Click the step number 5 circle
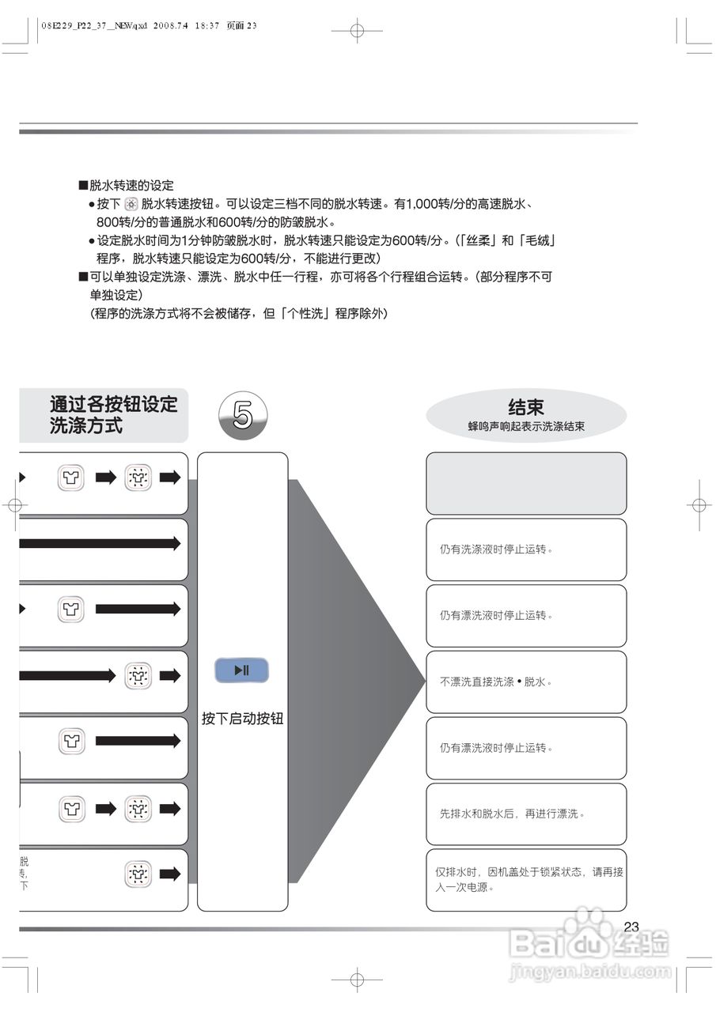pyautogui.click(x=243, y=416)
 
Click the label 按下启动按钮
pyautogui.click(x=242, y=719)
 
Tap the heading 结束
pyautogui.click(x=526, y=407)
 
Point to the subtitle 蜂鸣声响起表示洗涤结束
pyautogui.click(x=526, y=426)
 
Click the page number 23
pyautogui.click(x=631, y=927)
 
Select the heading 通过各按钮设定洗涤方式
pyautogui.click(x=114, y=414)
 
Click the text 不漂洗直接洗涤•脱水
pyautogui.click(x=496, y=682)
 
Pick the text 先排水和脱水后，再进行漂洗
pyautogui.click(x=512, y=814)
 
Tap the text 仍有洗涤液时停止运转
pyautogui.click(x=496, y=549)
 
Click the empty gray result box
pyautogui.click(x=526, y=483)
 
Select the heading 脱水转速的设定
pyautogui.click(x=131, y=186)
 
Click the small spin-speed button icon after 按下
pyautogui.click(x=131, y=205)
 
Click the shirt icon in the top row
pyautogui.click(x=70, y=478)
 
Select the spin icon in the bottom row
pyautogui.click(x=138, y=874)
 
